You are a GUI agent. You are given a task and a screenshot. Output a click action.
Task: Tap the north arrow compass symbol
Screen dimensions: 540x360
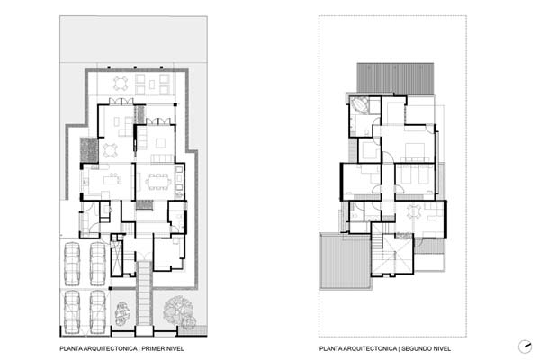[x=526, y=346]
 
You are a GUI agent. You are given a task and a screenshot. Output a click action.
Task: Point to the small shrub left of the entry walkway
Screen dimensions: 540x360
[x=121, y=314]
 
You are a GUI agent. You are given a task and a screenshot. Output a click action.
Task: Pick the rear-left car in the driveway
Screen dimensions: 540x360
[x=72, y=264]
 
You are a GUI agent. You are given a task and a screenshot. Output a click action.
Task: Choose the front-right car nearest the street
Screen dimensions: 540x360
[x=98, y=312]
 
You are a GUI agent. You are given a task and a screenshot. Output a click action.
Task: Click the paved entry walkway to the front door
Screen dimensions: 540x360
[x=144, y=293]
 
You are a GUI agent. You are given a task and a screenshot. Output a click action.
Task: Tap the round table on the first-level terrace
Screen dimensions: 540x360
[x=121, y=84]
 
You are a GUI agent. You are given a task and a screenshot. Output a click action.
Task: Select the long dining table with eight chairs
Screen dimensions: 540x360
[x=158, y=182]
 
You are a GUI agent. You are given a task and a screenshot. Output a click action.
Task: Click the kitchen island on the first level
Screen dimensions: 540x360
[x=112, y=180]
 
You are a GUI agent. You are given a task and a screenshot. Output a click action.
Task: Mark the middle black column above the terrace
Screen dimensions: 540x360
[x=135, y=67]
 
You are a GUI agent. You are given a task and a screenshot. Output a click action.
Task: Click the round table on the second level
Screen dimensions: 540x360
[x=414, y=211]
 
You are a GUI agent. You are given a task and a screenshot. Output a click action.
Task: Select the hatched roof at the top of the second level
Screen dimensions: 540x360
[x=395, y=78]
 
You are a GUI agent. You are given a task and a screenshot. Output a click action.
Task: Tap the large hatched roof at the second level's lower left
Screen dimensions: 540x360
[x=346, y=262]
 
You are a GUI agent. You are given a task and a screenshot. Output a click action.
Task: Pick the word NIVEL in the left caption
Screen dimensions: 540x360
[x=176, y=348]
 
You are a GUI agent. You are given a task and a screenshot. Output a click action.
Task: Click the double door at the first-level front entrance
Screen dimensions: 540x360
[x=144, y=256]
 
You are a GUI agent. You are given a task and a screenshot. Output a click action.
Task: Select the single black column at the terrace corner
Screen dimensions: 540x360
[x=175, y=104]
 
